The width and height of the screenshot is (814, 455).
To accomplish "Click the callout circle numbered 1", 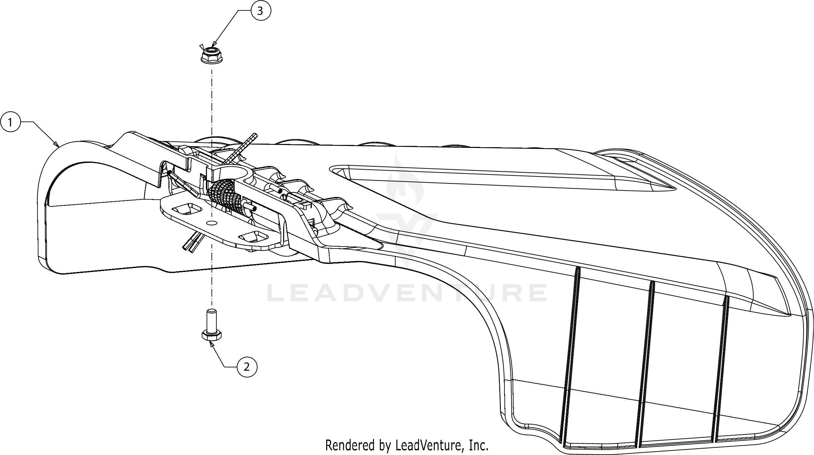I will pyautogui.click(x=10, y=122).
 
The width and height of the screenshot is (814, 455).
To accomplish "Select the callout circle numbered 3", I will pyautogui.click(x=260, y=11).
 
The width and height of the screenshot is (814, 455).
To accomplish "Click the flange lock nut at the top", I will pyautogui.click(x=211, y=55).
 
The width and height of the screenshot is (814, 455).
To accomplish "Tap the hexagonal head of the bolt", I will pyautogui.click(x=212, y=335).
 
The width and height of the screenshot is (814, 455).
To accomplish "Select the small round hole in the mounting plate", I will pyautogui.click(x=212, y=222).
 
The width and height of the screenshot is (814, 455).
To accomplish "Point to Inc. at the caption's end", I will pyautogui.click(x=479, y=445).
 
